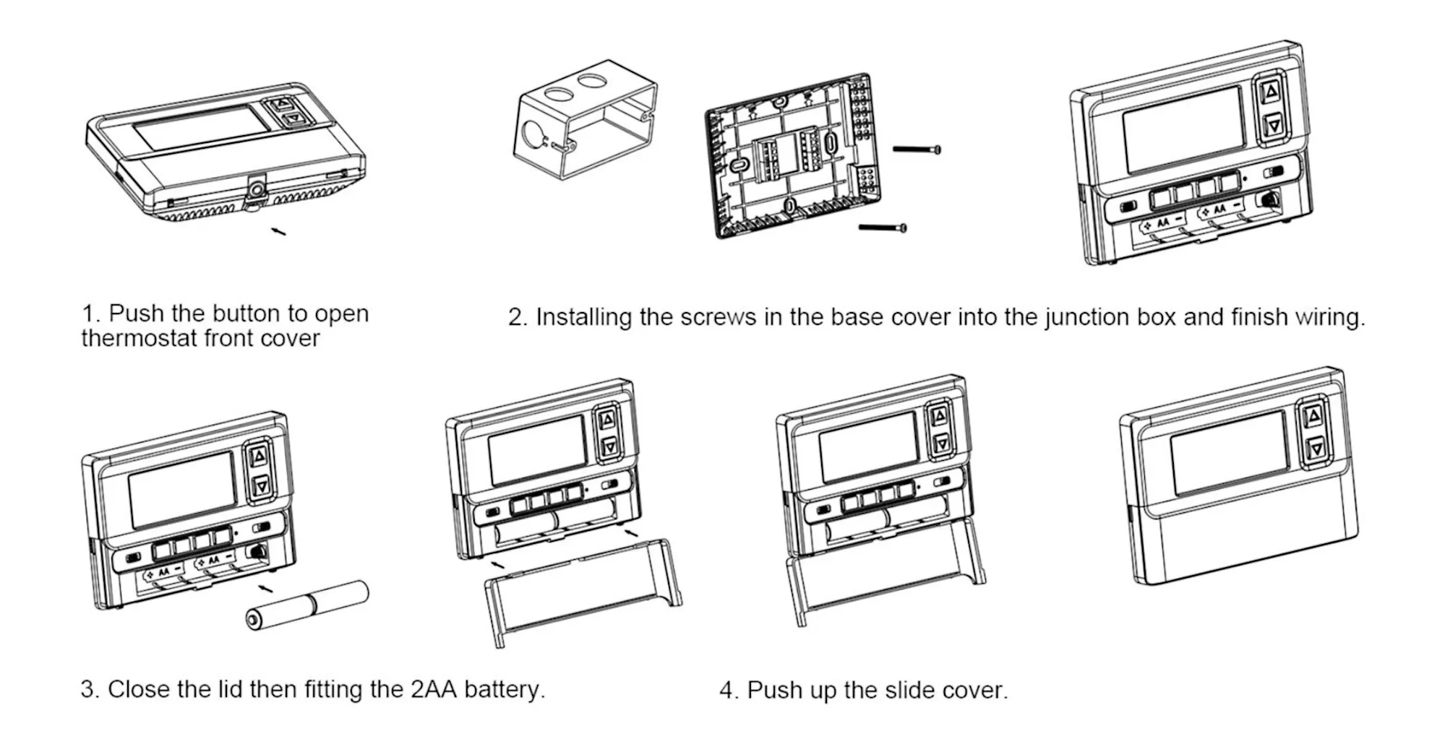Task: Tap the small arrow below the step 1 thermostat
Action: coord(278,231)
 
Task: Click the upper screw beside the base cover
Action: coord(917,150)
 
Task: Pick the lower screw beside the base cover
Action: coord(883,228)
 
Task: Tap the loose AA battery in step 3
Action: coord(307,605)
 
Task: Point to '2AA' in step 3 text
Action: coord(434,689)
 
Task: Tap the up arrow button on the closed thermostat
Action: coord(1313,417)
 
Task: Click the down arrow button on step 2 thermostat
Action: coord(1274,125)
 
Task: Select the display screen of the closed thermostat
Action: coord(1229,452)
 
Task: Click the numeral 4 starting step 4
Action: coord(726,690)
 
